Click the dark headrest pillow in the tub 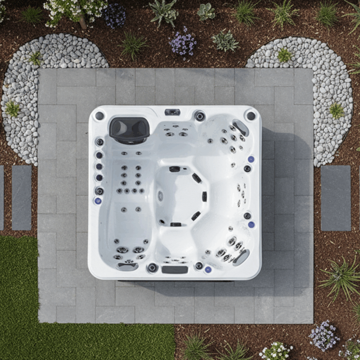point(129,129)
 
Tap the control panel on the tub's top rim point(172,112)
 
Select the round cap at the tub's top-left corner point(100,115)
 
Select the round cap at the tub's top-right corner point(251,115)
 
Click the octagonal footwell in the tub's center point(181,196)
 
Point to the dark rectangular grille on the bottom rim point(175,269)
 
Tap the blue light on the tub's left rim point(98,201)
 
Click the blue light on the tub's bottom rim point(208,269)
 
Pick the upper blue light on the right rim point(251,159)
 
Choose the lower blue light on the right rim point(251,224)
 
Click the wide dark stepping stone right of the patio point(336,198)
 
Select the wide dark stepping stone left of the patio point(22,198)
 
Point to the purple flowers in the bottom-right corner point(324,335)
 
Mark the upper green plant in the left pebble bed point(36,58)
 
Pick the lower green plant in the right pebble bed point(336,111)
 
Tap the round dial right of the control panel point(200,115)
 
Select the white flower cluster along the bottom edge point(276,351)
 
